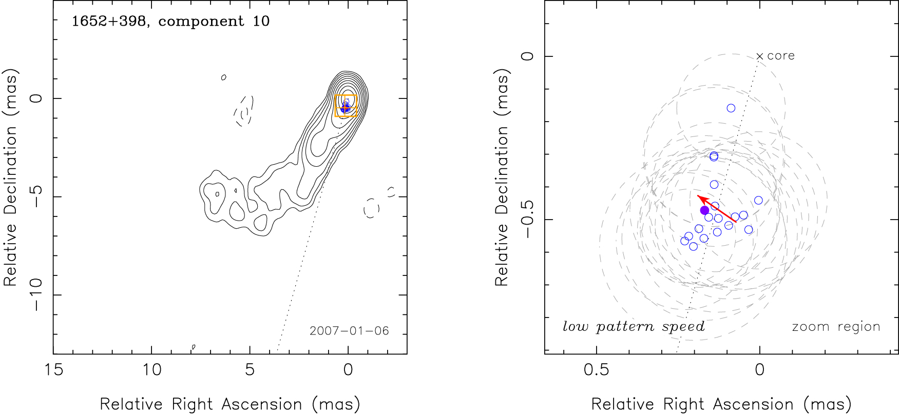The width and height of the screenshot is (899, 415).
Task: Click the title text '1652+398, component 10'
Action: (170, 22)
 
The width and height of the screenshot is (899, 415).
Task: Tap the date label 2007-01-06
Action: (349, 331)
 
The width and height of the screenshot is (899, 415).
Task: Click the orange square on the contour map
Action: (346, 106)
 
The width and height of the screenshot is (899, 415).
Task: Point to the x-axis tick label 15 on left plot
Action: (53, 370)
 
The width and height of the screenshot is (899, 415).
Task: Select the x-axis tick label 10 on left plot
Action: (151, 370)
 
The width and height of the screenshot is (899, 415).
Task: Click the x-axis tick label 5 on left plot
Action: (250, 370)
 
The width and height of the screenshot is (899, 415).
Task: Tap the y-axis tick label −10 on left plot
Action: (37, 294)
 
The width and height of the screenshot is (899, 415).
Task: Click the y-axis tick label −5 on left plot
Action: (37, 196)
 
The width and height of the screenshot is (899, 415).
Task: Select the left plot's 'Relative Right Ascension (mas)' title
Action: (230, 404)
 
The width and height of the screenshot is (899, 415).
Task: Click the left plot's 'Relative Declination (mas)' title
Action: (11, 177)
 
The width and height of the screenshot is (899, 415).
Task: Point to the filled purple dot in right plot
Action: (704, 210)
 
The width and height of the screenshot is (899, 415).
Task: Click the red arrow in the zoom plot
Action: (716, 209)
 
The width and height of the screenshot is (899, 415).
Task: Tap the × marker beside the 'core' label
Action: (760, 56)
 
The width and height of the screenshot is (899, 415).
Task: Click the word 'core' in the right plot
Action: (781, 56)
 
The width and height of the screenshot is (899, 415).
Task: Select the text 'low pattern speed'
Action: (634, 327)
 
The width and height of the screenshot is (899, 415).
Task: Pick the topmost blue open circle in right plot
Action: (731, 108)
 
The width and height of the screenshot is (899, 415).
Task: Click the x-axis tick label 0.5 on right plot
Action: (596, 370)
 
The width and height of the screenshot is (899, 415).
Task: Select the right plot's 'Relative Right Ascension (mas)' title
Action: (721, 404)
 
